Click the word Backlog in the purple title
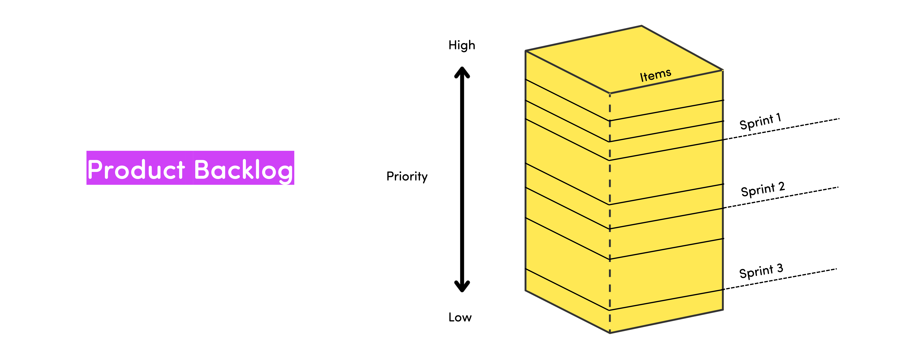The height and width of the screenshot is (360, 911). point(243,170)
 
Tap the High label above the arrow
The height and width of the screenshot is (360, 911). point(461,45)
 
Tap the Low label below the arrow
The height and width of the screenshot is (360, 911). point(460,317)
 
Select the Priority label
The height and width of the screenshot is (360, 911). point(407,176)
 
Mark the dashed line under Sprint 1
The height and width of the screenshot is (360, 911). point(782,129)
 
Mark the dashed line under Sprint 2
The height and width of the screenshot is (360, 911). point(782,197)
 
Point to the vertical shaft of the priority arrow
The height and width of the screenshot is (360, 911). point(462,177)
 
